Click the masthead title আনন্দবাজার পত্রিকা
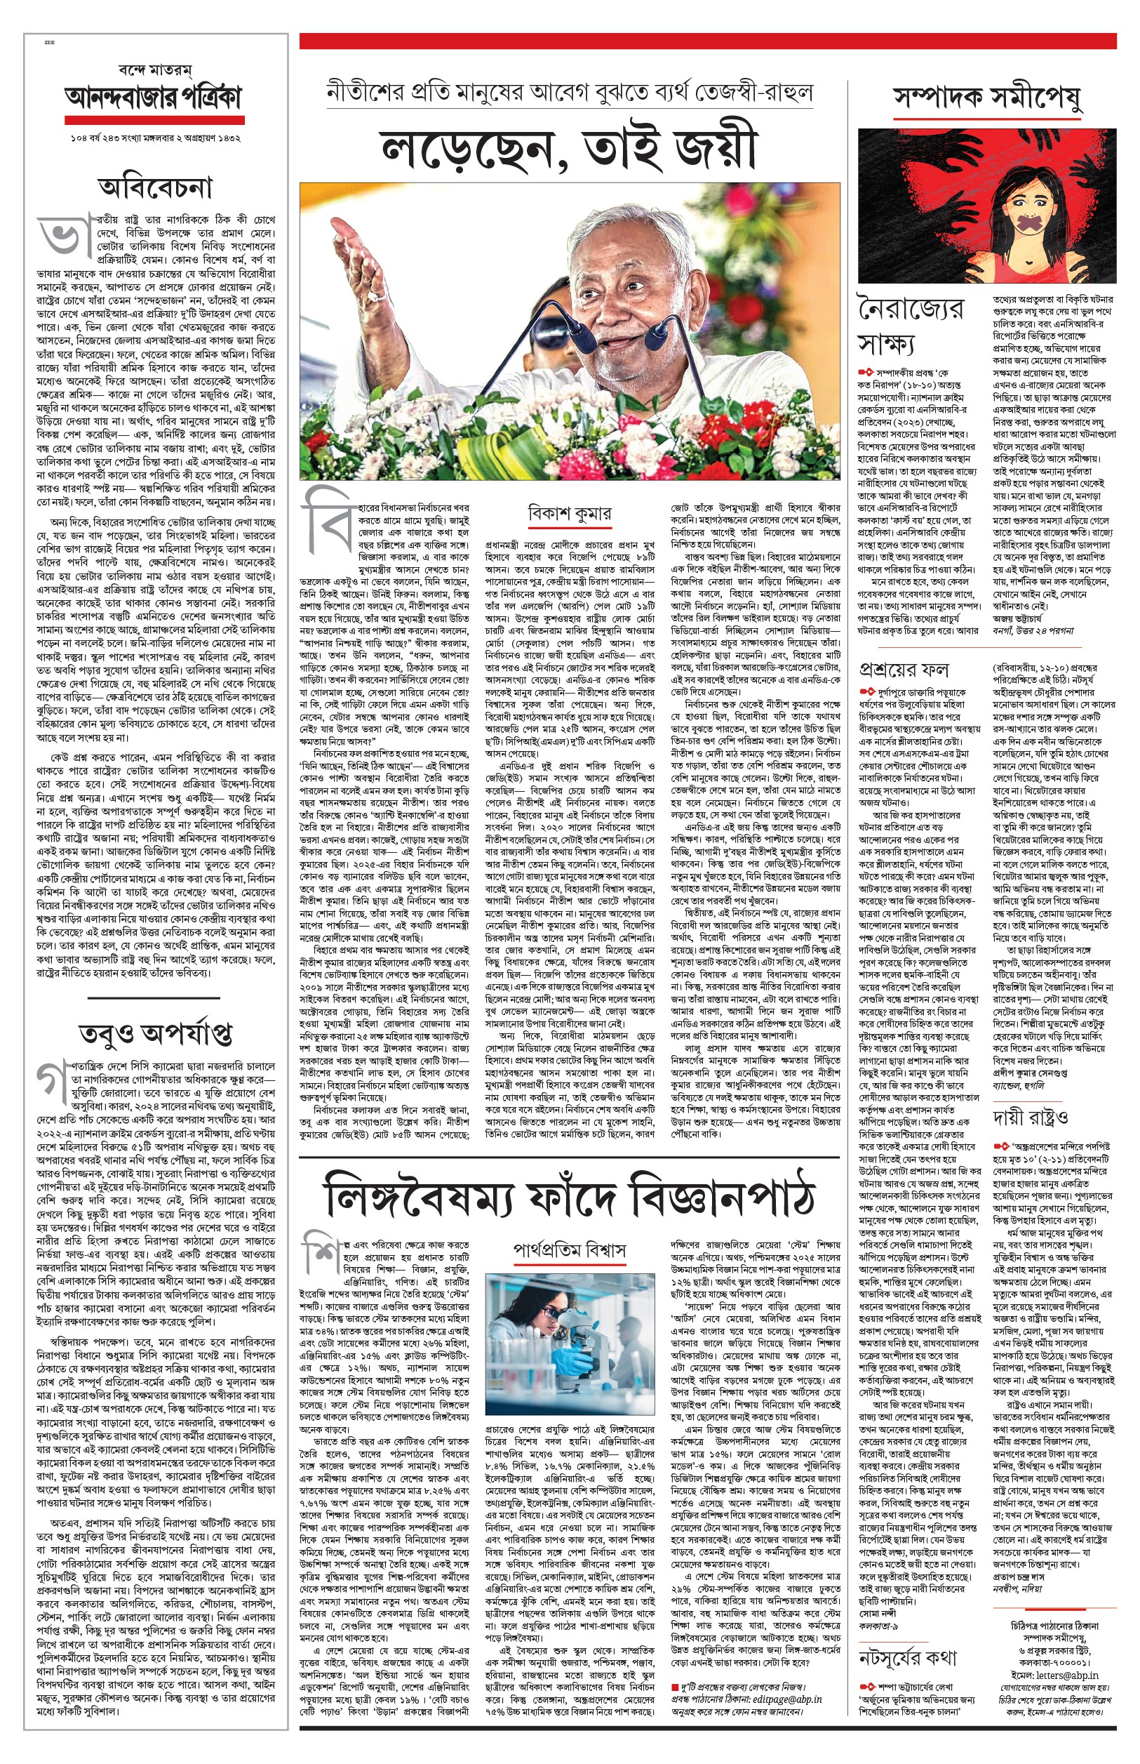154,97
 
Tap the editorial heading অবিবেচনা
156,187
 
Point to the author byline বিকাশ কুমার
569,513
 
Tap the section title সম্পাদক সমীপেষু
987,97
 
